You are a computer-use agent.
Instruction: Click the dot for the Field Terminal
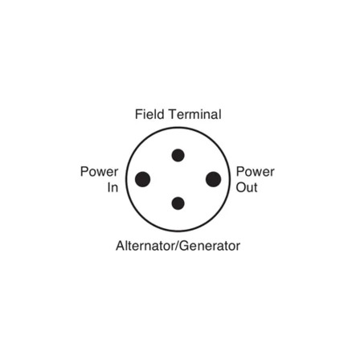[x=178, y=155]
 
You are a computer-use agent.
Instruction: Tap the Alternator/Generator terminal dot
[x=178, y=203]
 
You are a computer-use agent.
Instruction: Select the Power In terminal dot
[x=142, y=179]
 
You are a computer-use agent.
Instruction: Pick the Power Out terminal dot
[x=214, y=179]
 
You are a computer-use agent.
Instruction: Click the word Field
[x=149, y=114]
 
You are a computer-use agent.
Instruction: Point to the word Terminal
[x=195, y=114]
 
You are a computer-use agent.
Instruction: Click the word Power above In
[x=100, y=172]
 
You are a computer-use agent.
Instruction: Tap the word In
[x=112, y=187]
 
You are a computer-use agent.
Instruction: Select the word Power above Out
[x=256, y=172]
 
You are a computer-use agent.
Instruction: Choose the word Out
[x=247, y=187]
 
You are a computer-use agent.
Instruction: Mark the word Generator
[x=210, y=246]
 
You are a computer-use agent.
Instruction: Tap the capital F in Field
[x=138, y=114]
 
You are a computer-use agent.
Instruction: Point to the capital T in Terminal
[x=173, y=114]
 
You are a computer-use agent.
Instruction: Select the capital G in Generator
[x=184, y=246]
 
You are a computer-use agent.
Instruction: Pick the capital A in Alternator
[x=121, y=246]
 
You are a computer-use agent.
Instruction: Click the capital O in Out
[x=241, y=187]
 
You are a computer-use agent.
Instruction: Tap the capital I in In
[x=109, y=187]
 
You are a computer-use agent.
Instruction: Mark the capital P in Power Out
[x=240, y=172]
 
